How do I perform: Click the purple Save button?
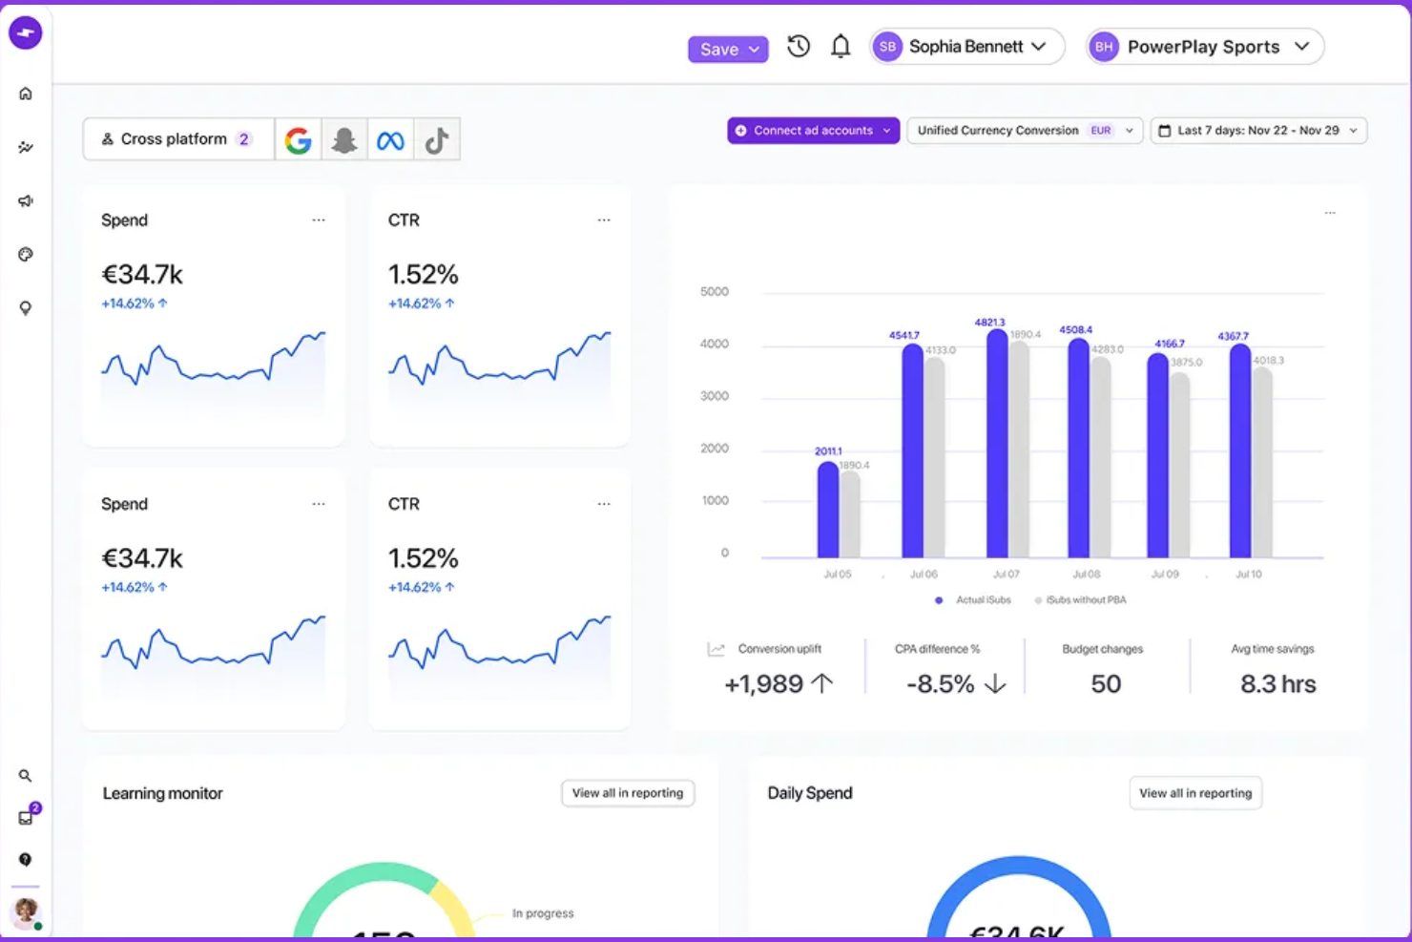pyautogui.click(x=727, y=49)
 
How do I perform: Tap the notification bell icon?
pyautogui.click(x=840, y=46)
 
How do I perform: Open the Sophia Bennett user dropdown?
pyautogui.click(x=966, y=47)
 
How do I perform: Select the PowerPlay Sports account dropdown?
pyautogui.click(x=1205, y=47)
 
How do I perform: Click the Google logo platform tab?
pyautogui.click(x=299, y=140)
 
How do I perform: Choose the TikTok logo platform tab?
pyautogui.click(x=437, y=140)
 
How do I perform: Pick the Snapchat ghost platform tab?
pyautogui.click(x=344, y=140)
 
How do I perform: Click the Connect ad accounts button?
pyautogui.click(x=813, y=131)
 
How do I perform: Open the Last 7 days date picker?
pyautogui.click(x=1258, y=131)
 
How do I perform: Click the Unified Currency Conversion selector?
pyautogui.click(x=1024, y=131)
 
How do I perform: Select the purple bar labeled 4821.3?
pyautogui.click(x=996, y=444)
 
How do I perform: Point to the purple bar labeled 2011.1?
pyautogui.click(x=828, y=510)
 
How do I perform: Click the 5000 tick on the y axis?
pyautogui.click(x=715, y=292)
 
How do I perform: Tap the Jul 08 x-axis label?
pyautogui.click(x=1086, y=575)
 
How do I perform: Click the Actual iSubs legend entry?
pyautogui.click(x=974, y=600)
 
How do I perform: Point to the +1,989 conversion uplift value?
pyautogui.click(x=764, y=684)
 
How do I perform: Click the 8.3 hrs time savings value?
pyautogui.click(x=1277, y=684)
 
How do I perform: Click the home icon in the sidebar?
pyautogui.click(x=26, y=94)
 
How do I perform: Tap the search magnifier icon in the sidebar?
pyautogui.click(x=26, y=776)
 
